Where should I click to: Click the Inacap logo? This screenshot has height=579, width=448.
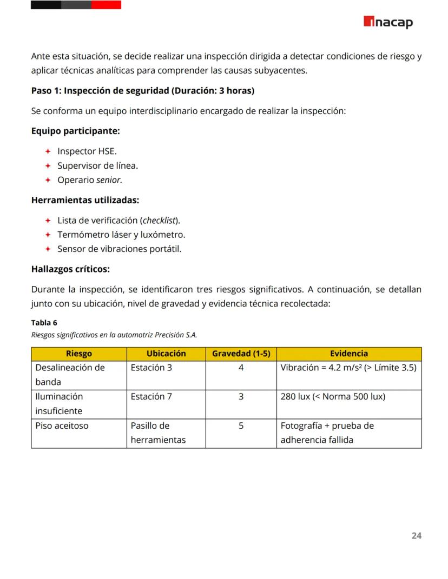click(388, 22)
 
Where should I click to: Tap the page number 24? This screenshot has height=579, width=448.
click(416, 536)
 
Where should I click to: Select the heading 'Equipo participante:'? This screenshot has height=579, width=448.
click(75, 131)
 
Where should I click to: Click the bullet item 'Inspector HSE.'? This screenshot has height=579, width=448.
click(87, 151)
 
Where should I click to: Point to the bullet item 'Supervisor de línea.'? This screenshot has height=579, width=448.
click(97, 165)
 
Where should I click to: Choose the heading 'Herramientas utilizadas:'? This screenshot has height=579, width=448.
click(85, 200)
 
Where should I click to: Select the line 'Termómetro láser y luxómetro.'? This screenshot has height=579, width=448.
click(121, 235)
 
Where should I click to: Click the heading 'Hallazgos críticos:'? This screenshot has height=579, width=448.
click(70, 269)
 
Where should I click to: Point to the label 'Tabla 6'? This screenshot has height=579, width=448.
click(44, 323)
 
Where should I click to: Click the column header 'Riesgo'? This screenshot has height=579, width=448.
click(79, 354)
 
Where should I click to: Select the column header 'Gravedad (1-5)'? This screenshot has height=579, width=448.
click(241, 354)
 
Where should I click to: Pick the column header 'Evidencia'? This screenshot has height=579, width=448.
click(349, 354)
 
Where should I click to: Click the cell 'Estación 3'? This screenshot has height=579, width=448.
click(151, 368)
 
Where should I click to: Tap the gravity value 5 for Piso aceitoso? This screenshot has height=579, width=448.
click(241, 426)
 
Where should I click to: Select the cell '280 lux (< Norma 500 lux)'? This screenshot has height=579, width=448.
click(333, 397)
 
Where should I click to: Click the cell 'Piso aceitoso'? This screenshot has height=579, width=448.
click(62, 426)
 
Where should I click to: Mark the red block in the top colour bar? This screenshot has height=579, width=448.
click(106, 5)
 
